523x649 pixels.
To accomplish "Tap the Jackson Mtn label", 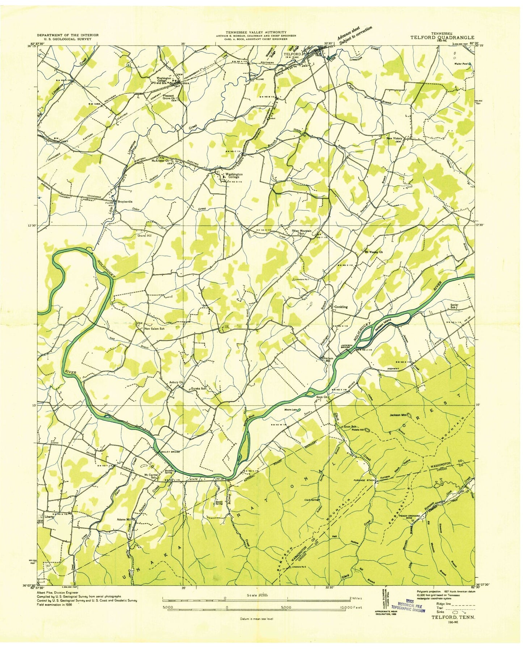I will click(x=398, y=415).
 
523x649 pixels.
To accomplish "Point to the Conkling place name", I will click(x=341, y=307).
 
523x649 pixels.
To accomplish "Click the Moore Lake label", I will click(x=290, y=410).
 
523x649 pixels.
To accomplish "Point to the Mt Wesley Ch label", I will click(x=374, y=252).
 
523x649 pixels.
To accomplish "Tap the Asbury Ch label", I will click(x=176, y=382).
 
